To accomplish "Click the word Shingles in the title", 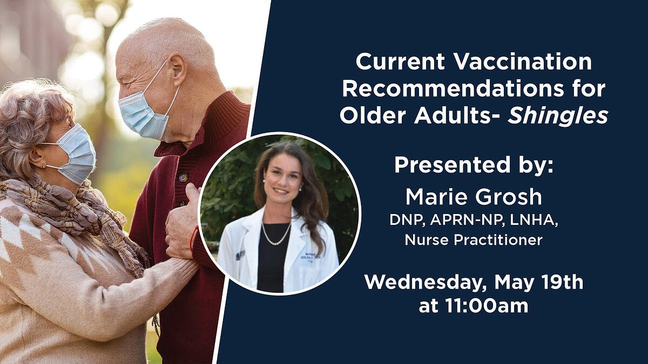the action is [x=558, y=116].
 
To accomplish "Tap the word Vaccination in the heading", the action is [x=523, y=61].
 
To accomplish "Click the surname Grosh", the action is [x=508, y=197].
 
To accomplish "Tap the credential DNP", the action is [x=407, y=220].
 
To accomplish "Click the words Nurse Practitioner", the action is [x=474, y=241].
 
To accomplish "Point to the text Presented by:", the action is [x=474, y=165].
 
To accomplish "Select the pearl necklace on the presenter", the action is [x=276, y=235].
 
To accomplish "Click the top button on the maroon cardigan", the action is [x=183, y=177].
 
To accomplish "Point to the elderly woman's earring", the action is [x=44, y=166].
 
